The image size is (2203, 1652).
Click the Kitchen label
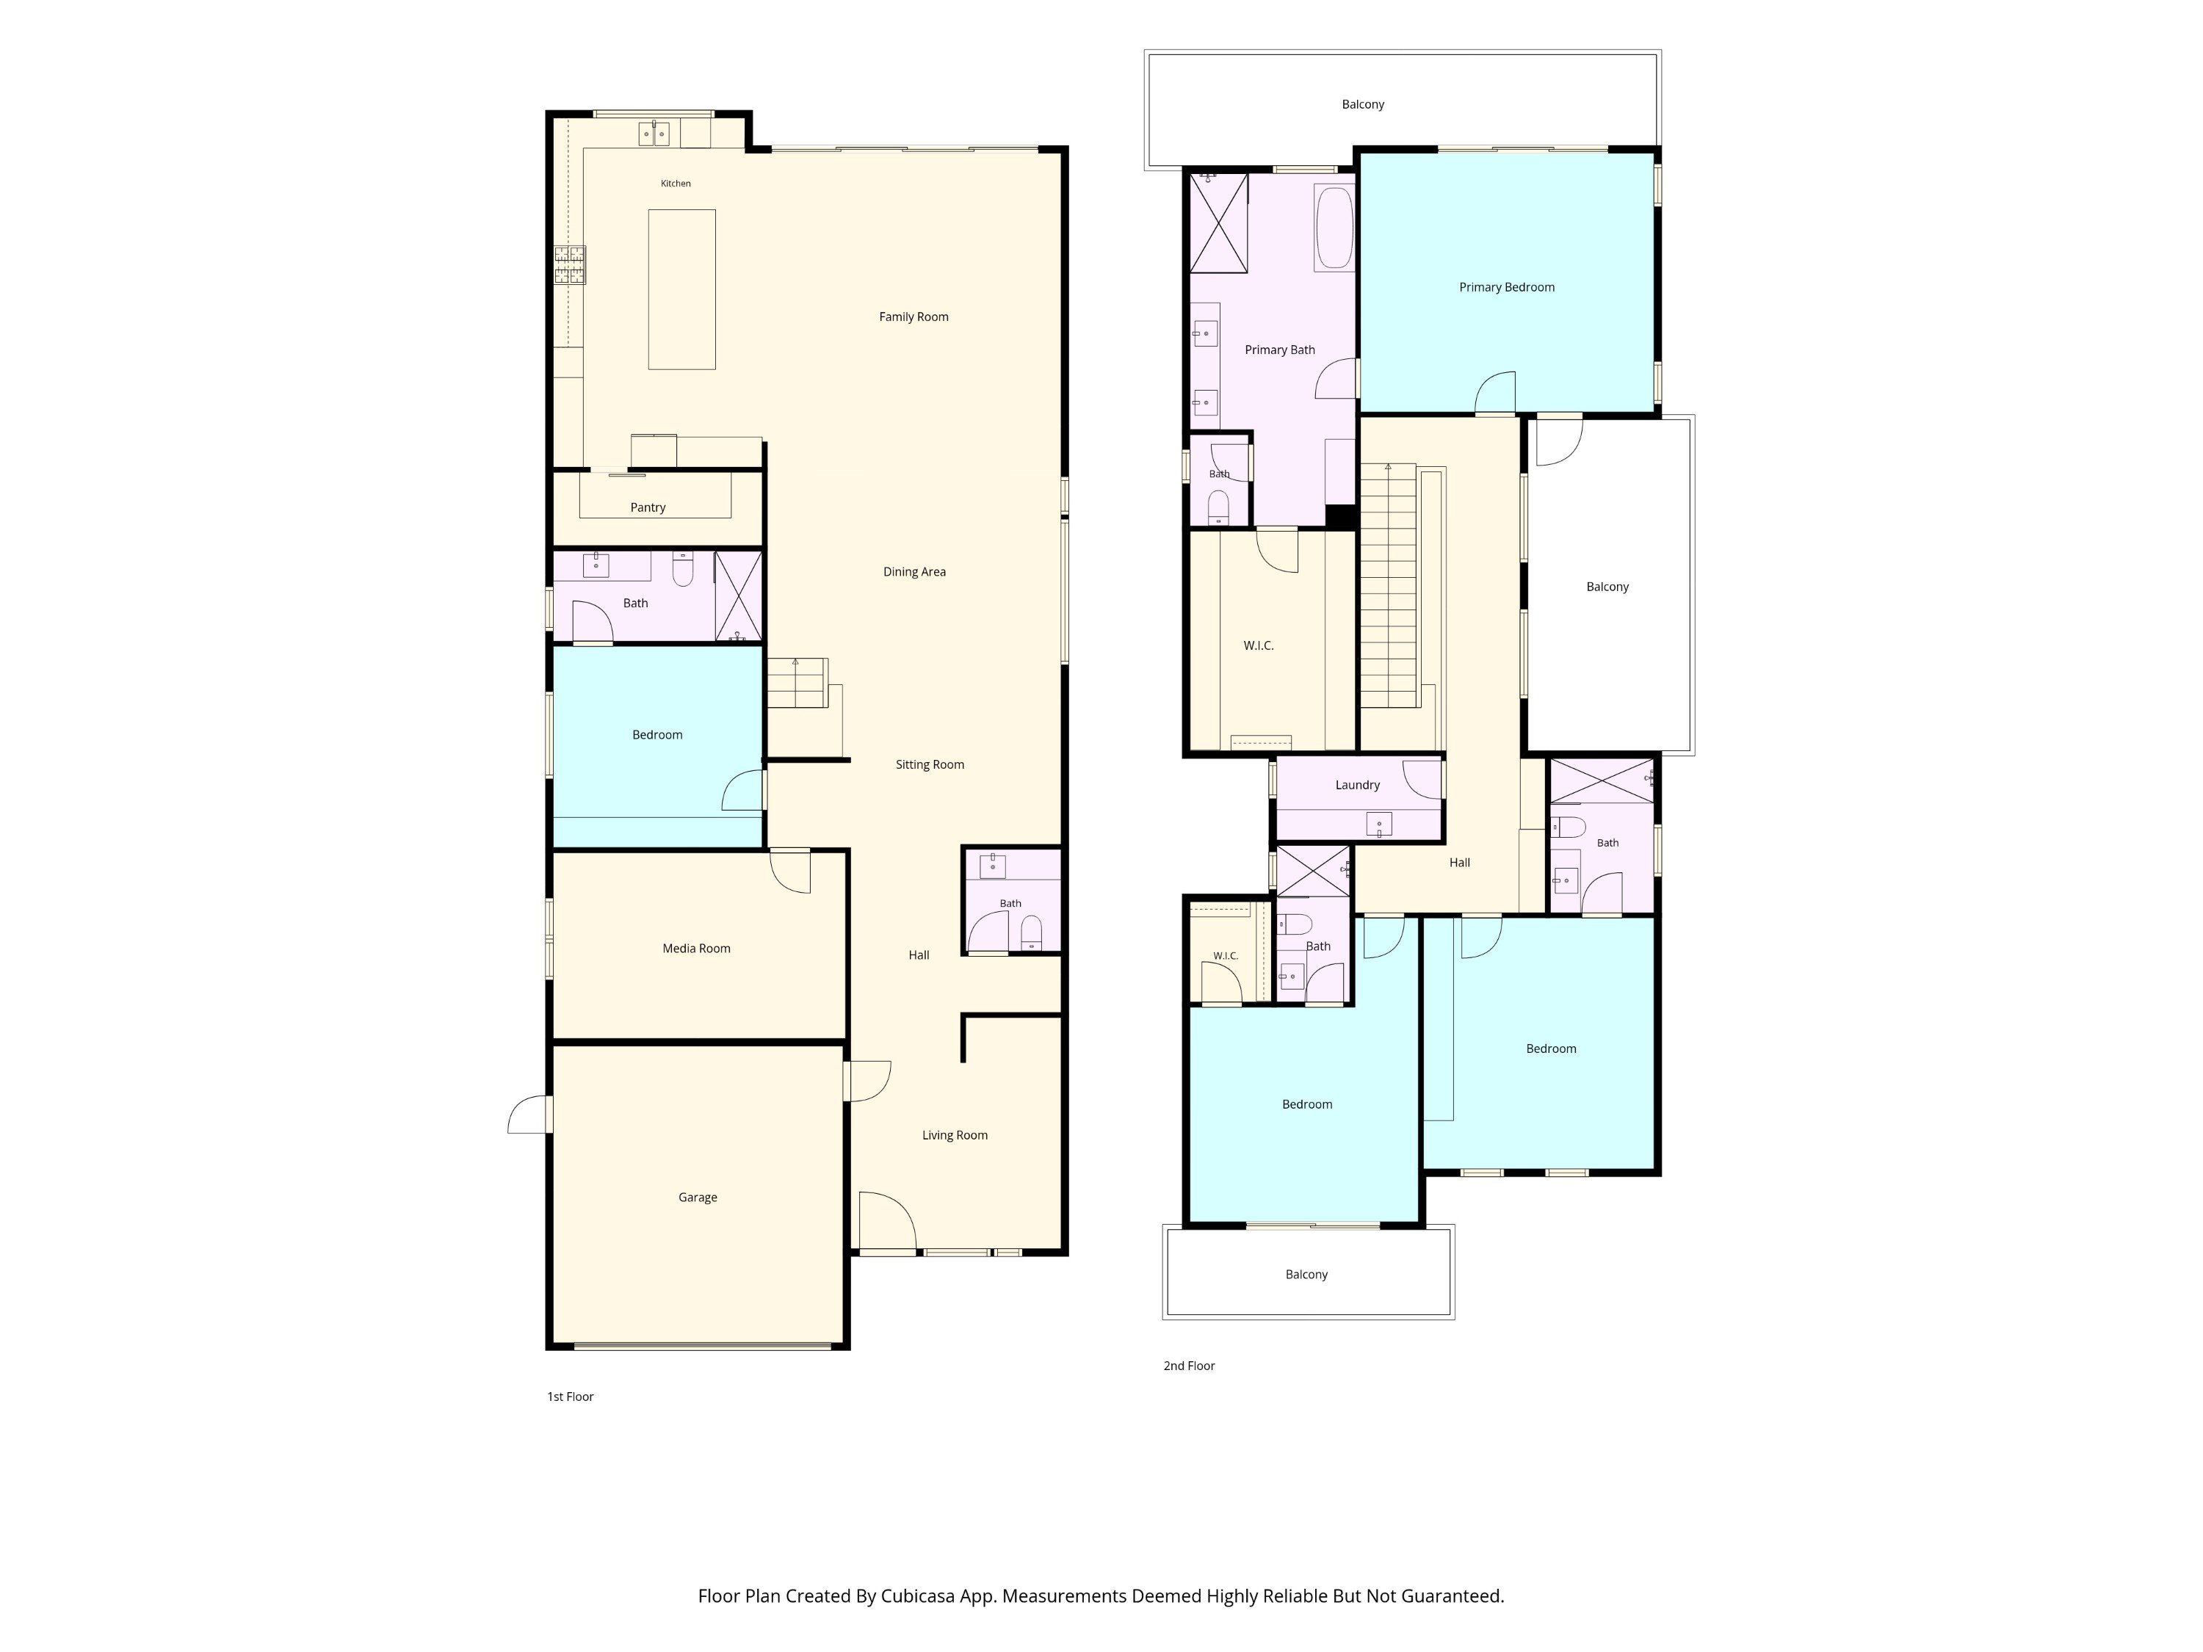(x=676, y=184)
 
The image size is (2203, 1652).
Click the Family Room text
(x=914, y=316)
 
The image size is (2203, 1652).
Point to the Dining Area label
(x=914, y=571)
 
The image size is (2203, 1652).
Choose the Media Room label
(x=696, y=948)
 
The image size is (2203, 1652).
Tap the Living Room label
(x=954, y=1135)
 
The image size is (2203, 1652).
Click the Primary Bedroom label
(x=1506, y=288)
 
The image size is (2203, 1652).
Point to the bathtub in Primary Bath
(x=1334, y=227)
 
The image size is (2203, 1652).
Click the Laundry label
(x=1358, y=785)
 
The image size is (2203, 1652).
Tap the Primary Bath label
(x=1280, y=350)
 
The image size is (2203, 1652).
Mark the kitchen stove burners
(x=570, y=265)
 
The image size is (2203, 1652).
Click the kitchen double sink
(x=654, y=134)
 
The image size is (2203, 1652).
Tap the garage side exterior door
(x=529, y=1115)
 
